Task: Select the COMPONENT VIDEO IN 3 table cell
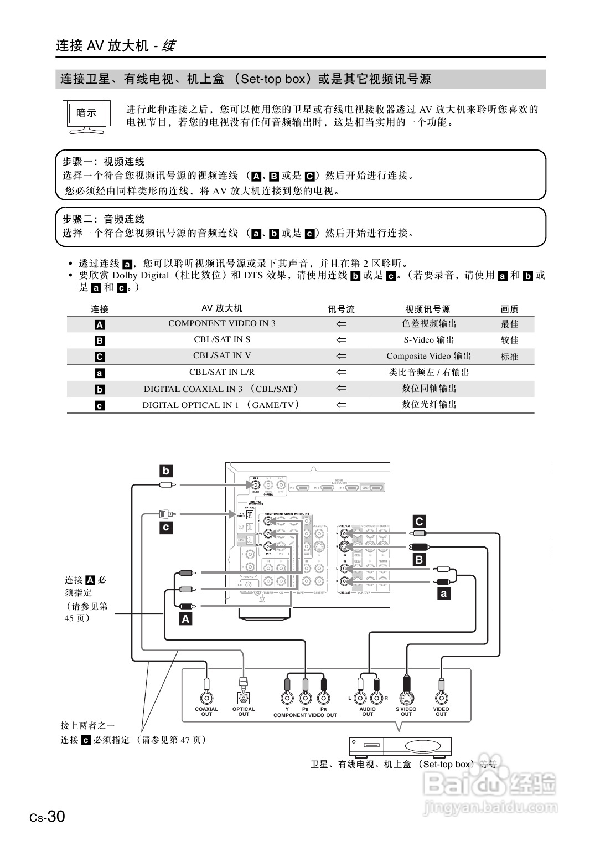coord(221,323)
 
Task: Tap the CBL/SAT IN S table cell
coord(221,339)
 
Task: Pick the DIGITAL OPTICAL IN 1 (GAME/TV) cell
coord(221,405)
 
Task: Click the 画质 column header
coord(509,309)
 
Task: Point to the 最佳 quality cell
coord(509,324)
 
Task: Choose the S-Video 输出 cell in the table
coord(428,340)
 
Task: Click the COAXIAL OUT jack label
coord(206,711)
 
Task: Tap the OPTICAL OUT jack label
coord(244,711)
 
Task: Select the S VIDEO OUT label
coord(406,711)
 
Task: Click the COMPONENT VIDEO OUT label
coord(305,715)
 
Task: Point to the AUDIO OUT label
coord(368,711)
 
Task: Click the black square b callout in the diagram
coord(165,471)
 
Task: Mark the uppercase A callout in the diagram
coord(185,619)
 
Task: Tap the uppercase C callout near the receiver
coord(419,521)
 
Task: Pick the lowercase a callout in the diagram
coord(443,594)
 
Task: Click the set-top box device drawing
coord(400,746)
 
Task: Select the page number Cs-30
coord(48,817)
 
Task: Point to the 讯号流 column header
coord(341,309)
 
